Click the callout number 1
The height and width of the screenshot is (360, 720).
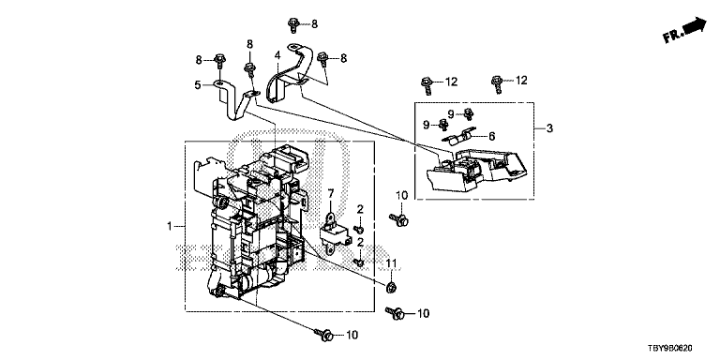point(170,226)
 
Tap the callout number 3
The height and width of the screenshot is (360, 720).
point(549,128)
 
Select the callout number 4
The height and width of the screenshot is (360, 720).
point(277,55)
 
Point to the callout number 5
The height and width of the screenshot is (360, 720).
point(198,85)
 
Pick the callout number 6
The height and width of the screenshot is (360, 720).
point(492,136)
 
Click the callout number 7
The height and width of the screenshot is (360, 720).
point(331,193)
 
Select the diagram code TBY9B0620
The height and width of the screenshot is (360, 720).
point(670,350)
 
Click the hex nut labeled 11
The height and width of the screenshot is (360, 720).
point(391,288)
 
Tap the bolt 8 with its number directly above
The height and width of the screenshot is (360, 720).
point(250,69)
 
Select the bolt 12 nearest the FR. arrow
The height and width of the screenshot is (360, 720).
point(496,84)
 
